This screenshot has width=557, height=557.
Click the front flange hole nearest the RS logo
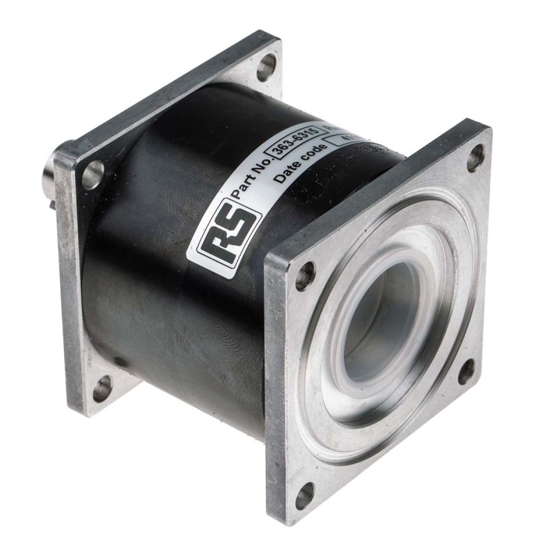coord(305,276)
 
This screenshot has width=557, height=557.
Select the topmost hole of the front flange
coord(476,157)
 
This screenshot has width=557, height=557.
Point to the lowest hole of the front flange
coord(304,495)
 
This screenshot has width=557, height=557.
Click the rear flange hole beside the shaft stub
coord(93,174)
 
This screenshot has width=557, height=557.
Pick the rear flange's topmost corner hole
coord(266,68)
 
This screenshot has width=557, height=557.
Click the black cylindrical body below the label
coord(174,327)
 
